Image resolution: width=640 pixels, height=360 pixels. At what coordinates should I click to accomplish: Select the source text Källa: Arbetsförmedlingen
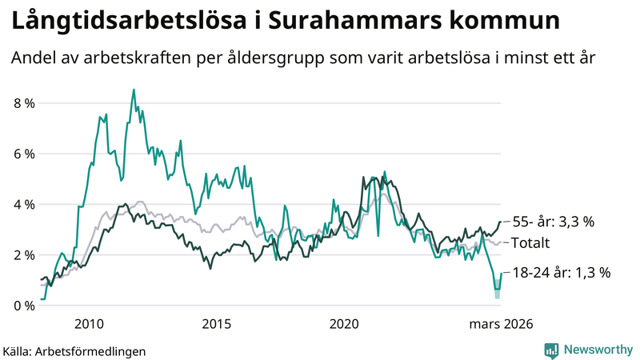click(x=74, y=350)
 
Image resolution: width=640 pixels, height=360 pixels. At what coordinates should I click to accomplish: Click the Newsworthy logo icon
click(x=551, y=350)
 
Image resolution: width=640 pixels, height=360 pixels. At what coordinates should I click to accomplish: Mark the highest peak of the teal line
click(x=134, y=90)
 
